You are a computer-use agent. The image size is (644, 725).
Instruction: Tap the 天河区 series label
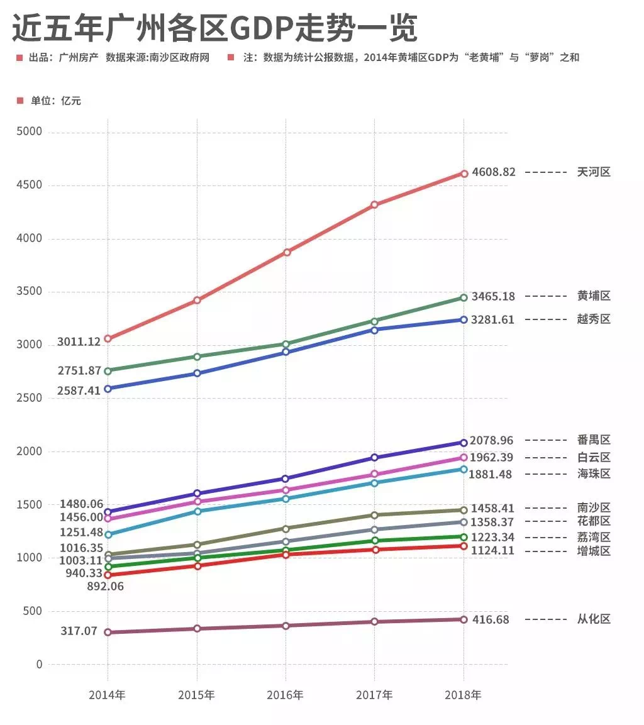pyautogui.click(x=594, y=172)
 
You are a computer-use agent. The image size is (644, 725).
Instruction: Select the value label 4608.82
pyautogui.click(x=494, y=172)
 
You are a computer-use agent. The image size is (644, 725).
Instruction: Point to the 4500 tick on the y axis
pyautogui.click(x=29, y=185)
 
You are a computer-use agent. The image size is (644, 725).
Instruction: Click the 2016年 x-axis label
pyautogui.click(x=286, y=695)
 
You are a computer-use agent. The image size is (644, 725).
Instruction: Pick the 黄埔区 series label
pyautogui.click(x=594, y=296)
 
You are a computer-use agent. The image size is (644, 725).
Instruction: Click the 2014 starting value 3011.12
pyautogui.click(x=79, y=342)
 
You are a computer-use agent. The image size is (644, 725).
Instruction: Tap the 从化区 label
pyautogui.click(x=594, y=619)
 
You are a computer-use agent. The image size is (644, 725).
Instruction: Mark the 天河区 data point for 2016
pyautogui.click(x=287, y=252)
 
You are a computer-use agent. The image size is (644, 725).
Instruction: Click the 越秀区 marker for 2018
pyautogui.click(x=464, y=319)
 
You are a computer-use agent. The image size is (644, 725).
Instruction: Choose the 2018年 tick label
pyautogui.click(x=464, y=695)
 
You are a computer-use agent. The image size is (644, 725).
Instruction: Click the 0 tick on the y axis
pyautogui.click(x=39, y=665)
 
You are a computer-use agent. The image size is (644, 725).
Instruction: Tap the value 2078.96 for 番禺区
pyautogui.click(x=496, y=440)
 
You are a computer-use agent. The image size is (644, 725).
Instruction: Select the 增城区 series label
pyautogui.click(x=594, y=551)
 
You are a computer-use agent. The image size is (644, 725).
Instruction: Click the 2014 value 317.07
pyautogui.click(x=79, y=631)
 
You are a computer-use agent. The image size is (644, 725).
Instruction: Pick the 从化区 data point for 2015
pyautogui.click(x=197, y=628)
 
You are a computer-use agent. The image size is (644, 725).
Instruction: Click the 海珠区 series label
pyautogui.click(x=594, y=474)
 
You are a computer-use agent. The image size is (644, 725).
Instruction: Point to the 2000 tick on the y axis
pyautogui.click(x=29, y=451)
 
